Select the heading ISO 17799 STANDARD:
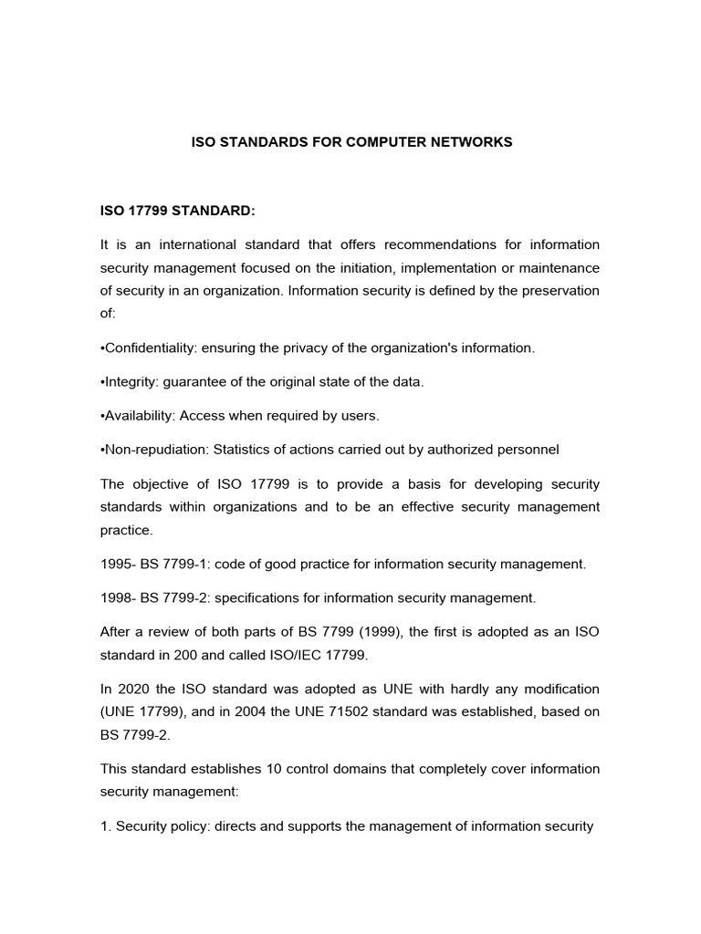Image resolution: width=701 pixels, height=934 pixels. tap(178, 211)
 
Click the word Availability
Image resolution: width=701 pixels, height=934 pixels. tap(139, 415)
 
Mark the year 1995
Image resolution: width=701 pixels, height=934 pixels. tap(117, 564)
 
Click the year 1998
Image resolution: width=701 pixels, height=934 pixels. tap(117, 597)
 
